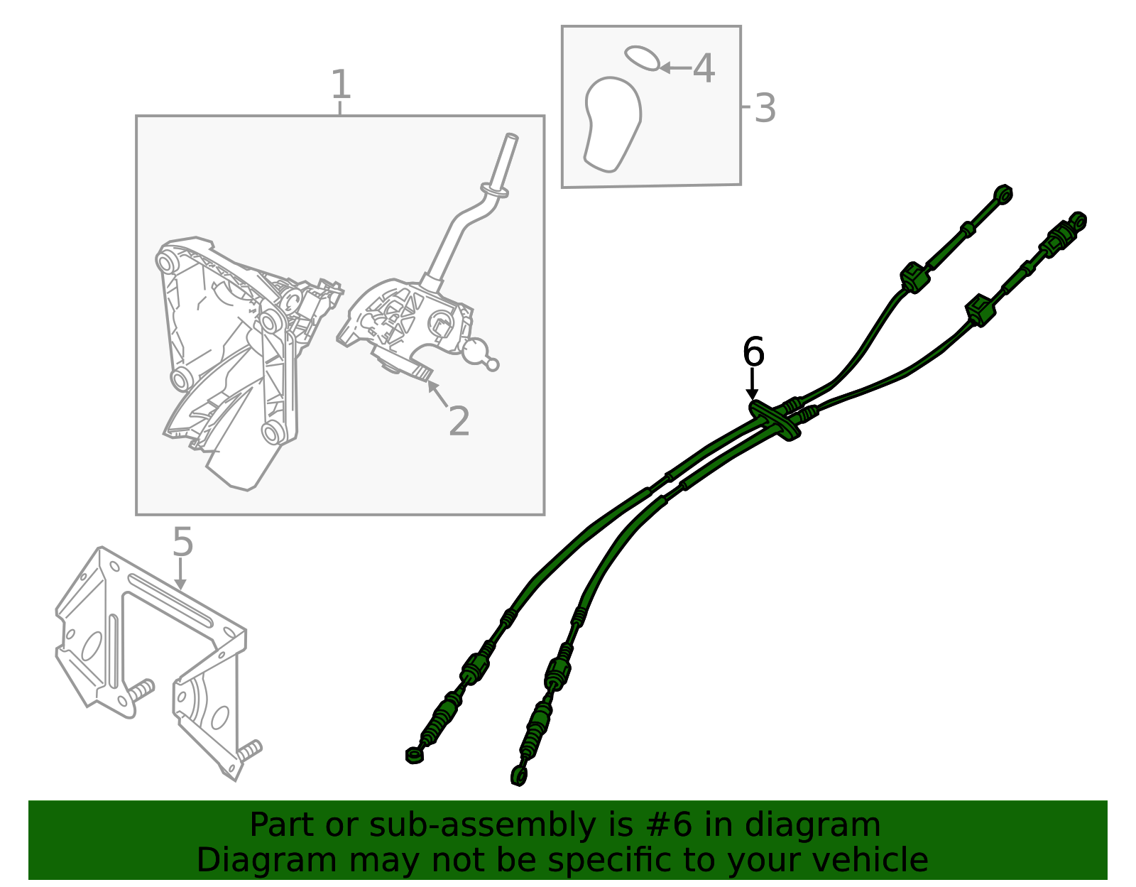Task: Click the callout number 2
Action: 459,421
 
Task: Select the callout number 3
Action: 765,109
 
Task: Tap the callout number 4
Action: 704,69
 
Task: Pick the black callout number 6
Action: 753,352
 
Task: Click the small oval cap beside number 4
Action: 643,58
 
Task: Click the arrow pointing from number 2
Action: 437,393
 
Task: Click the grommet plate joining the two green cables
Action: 774,420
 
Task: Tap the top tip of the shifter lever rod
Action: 510,136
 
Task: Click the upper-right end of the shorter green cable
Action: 1003,193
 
